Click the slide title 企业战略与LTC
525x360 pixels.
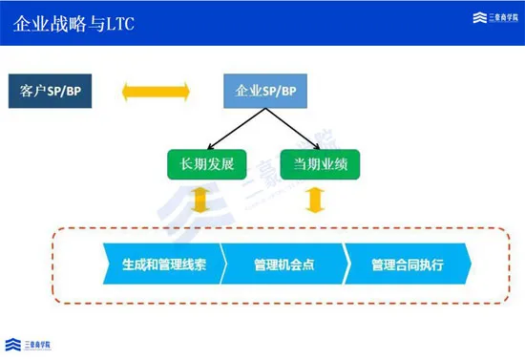click(x=73, y=22)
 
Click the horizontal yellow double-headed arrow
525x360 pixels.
click(x=157, y=92)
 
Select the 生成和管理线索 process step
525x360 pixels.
click(x=162, y=265)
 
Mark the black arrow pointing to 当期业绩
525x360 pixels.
click(x=289, y=129)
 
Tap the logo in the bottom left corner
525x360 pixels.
click(x=29, y=344)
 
